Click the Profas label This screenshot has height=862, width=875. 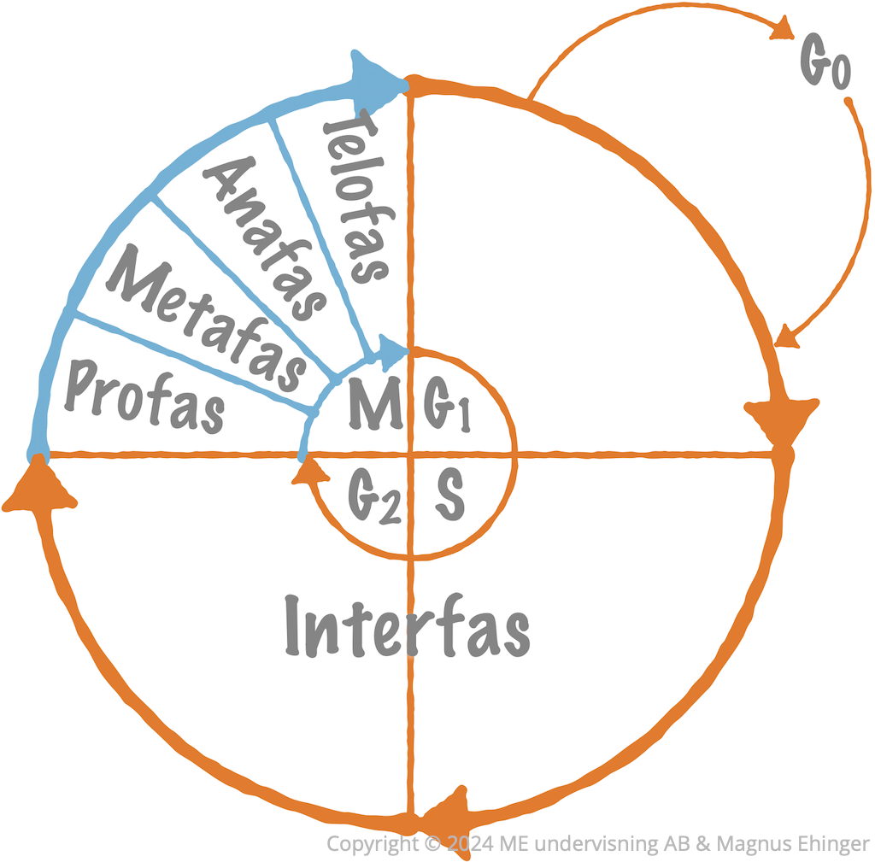tap(144, 396)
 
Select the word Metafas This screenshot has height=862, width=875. tap(207, 318)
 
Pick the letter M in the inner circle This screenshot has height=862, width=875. tap(375, 403)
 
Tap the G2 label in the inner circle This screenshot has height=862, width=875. tap(374, 496)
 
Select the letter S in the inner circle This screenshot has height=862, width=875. tap(450, 495)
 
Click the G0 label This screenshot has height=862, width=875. tap(825, 61)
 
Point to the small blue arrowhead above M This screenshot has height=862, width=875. tap(392, 351)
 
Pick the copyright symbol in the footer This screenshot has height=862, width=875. tap(432, 842)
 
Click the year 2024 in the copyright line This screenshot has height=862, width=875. tap(470, 842)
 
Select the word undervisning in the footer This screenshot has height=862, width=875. tap(599, 843)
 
